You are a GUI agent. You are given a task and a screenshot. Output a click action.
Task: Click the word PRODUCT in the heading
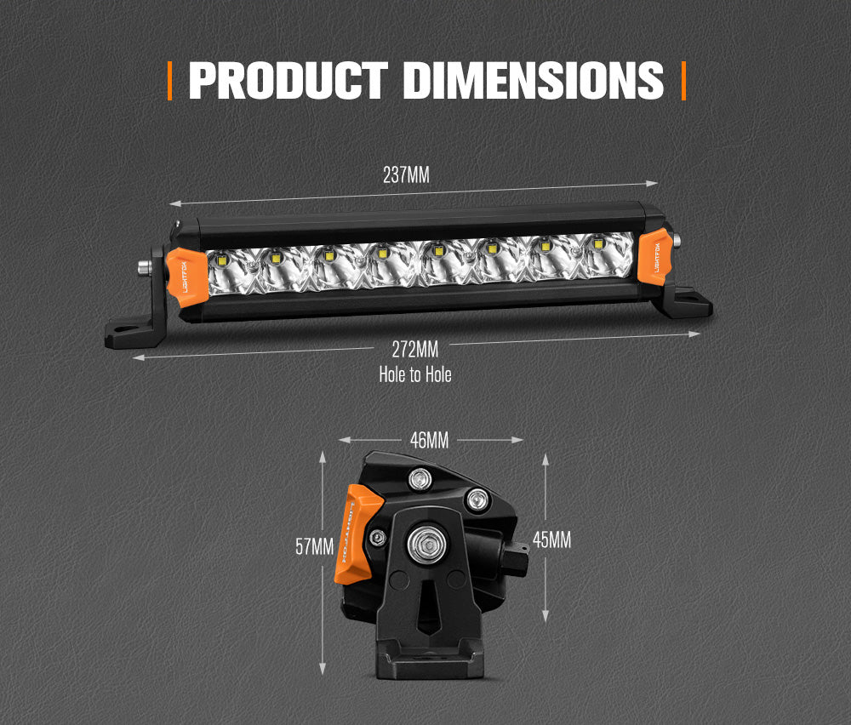point(288,80)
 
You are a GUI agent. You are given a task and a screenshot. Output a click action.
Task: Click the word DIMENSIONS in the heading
point(533,80)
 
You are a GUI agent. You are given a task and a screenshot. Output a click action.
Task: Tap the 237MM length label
point(406,176)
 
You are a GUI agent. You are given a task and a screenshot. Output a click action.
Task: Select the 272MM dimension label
point(414,348)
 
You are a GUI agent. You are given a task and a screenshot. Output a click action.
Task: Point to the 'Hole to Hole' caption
point(414,374)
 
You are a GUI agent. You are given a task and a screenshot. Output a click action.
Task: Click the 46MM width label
point(428,440)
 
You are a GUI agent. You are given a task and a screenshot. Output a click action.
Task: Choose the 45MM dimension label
point(551,539)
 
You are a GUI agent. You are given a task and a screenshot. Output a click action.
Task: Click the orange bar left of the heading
point(170,80)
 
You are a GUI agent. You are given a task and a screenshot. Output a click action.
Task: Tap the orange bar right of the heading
point(683,80)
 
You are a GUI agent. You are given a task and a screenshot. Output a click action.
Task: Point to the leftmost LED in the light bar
point(220,259)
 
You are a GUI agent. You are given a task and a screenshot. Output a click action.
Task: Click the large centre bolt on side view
point(422,542)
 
